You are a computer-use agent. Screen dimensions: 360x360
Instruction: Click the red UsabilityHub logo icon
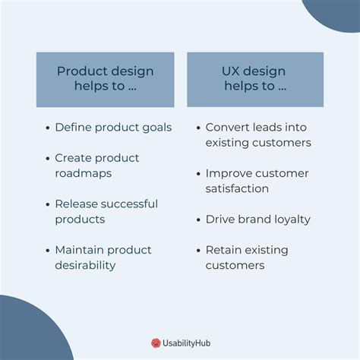156,343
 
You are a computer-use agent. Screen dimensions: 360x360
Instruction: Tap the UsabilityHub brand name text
186,343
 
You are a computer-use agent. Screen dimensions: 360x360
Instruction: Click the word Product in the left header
83,71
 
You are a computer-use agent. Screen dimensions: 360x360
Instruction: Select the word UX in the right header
230,71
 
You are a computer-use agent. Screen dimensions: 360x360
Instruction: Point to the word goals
157,128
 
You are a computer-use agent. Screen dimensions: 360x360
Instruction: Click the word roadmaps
84,174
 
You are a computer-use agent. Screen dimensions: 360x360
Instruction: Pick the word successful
132,204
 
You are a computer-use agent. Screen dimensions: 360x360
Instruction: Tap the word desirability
85,266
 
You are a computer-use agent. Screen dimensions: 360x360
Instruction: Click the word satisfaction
237,188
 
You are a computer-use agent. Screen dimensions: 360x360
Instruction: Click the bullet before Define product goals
48,128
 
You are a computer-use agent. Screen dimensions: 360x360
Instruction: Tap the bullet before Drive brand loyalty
198,219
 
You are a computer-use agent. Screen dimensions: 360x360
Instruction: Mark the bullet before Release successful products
48,204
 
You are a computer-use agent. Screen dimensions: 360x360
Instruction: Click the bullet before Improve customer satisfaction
198,174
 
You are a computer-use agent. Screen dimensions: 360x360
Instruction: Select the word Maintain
80,250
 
